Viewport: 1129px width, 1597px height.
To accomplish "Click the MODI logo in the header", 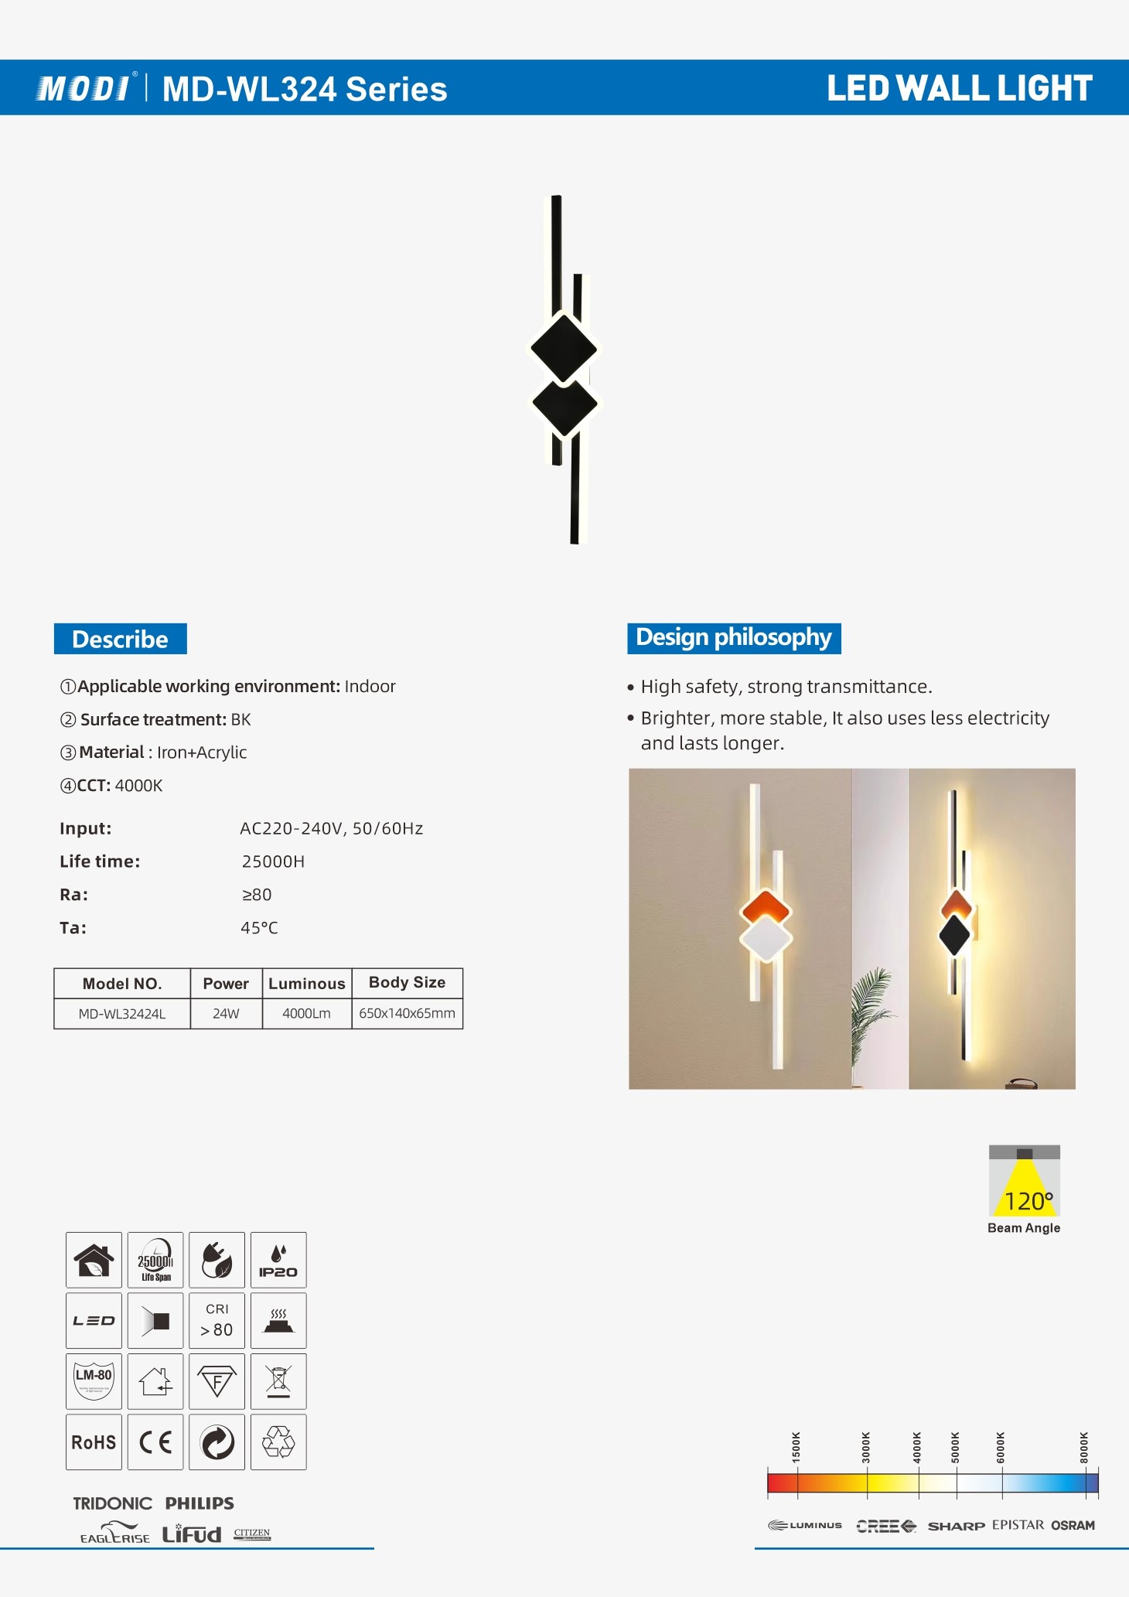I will (x=84, y=88).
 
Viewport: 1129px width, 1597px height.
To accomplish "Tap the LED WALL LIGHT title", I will (x=960, y=88).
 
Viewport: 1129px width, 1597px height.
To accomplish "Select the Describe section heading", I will (x=120, y=639).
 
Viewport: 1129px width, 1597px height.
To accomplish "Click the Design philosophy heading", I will (x=733, y=637).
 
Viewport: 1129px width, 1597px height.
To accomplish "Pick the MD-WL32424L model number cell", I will (x=122, y=1013).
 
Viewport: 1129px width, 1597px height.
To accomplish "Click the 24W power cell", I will (x=226, y=1013).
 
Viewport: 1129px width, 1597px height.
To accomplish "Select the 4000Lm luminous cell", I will (x=306, y=1013).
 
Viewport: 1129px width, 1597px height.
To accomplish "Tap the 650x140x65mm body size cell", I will (x=407, y=1013).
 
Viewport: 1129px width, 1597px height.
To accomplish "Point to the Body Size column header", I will (x=407, y=982).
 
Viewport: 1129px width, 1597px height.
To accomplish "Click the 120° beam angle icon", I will (x=1024, y=1182).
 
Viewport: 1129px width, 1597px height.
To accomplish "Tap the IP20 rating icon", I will (x=278, y=1260).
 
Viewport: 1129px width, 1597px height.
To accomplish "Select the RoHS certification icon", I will (x=94, y=1442).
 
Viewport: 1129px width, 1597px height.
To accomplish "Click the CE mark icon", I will (x=155, y=1442).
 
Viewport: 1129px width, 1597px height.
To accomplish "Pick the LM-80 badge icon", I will (x=94, y=1381).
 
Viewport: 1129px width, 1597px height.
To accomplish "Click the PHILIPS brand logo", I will (x=200, y=1503).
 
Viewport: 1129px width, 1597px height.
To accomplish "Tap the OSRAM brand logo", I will (x=1073, y=1525).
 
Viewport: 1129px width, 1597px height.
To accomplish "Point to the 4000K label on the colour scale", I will (x=917, y=1447).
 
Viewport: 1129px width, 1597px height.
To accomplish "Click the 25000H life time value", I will (x=273, y=862).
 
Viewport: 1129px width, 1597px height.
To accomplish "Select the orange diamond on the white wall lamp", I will (x=766, y=906).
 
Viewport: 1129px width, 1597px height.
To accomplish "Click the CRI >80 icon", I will (x=217, y=1320).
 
